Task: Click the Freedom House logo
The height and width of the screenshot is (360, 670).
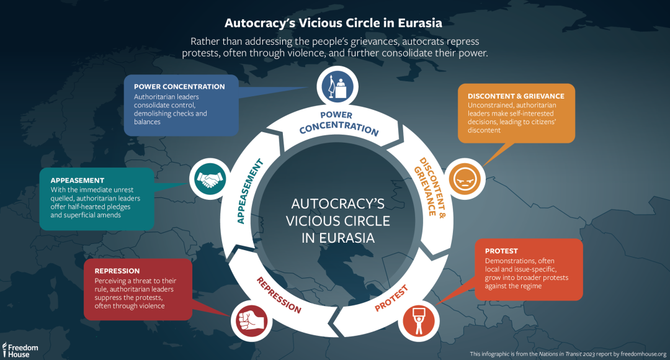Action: coord(21,349)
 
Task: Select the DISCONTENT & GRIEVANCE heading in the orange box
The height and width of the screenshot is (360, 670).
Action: coord(516,96)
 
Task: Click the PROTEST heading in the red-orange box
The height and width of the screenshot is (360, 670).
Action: coord(501,251)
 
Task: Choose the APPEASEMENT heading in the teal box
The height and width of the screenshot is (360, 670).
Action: coord(77,180)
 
